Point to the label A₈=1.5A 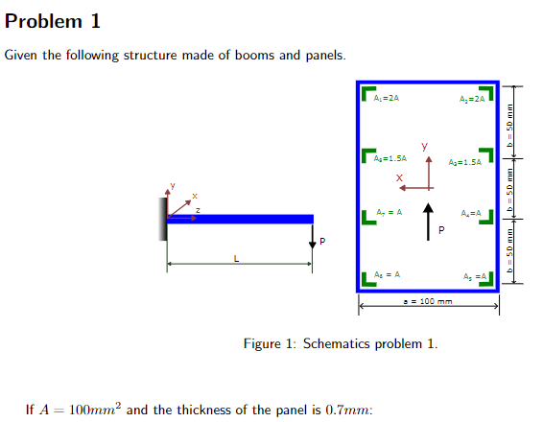pyautogui.click(x=391, y=157)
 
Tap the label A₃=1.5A pyautogui.click(x=464, y=162)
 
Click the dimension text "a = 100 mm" pyautogui.click(x=428, y=301)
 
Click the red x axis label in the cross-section pyautogui.click(x=398, y=177)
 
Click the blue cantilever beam pyautogui.click(x=240, y=219)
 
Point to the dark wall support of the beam pyautogui.click(x=165, y=219)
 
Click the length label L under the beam pyautogui.click(x=237, y=257)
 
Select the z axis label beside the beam pyautogui.click(x=198, y=209)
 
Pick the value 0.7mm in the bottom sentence pyautogui.click(x=350, y=410)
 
